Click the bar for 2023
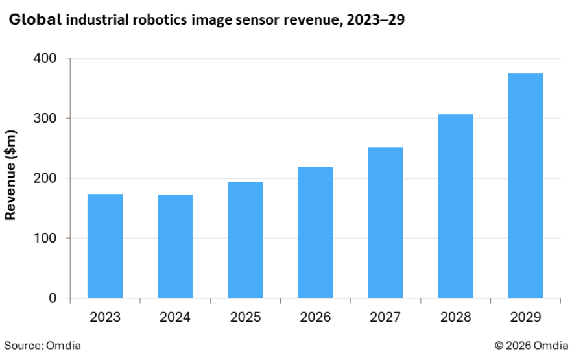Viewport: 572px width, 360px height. (105, 246)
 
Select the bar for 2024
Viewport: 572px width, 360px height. (175, 246)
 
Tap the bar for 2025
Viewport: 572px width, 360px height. (245, 240)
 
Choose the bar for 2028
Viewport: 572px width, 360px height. (455, 206)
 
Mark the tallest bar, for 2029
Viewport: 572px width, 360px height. (525, 186)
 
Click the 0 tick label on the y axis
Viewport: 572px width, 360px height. (52, 298)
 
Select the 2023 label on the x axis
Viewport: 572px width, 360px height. (105, 317)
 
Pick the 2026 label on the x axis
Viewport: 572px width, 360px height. (315, 317)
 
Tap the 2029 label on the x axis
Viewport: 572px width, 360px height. (525, 317)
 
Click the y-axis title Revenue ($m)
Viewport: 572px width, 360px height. (11, 175)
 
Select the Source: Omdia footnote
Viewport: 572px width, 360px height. (43, 345)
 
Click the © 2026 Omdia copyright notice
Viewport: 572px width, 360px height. (531, 345)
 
